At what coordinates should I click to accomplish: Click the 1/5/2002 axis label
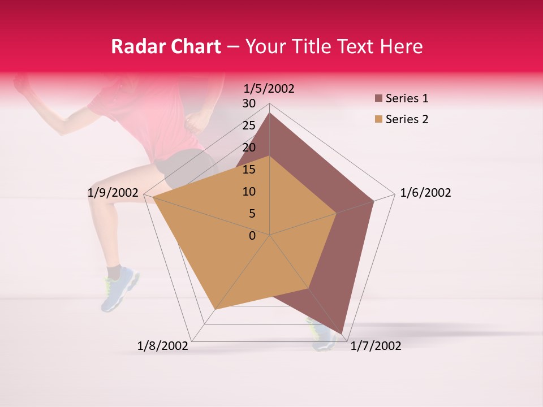coord(269,88)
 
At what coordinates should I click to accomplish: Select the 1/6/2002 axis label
coord(425,193)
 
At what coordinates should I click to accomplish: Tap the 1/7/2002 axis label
coord(376,346)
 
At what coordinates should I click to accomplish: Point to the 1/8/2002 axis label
coord(163,346)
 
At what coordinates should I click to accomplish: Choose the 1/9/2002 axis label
coord(113,193)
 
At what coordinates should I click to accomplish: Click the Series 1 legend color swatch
coord(378,98)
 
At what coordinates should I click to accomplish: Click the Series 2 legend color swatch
coord(378,119)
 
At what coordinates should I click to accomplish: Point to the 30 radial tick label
coord(249,103)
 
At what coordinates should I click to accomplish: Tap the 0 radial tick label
coord(252,236)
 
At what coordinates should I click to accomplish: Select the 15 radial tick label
coord(249,170)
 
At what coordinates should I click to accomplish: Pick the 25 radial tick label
coord(249,125)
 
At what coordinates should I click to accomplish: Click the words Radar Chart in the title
coord(166,46)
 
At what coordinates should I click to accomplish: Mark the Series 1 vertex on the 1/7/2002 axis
coord(342,334)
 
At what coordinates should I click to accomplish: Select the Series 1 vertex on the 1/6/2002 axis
coord(374,201)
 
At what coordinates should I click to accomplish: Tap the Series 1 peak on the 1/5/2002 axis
coord(270,113)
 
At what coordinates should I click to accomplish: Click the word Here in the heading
coord(401,46)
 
